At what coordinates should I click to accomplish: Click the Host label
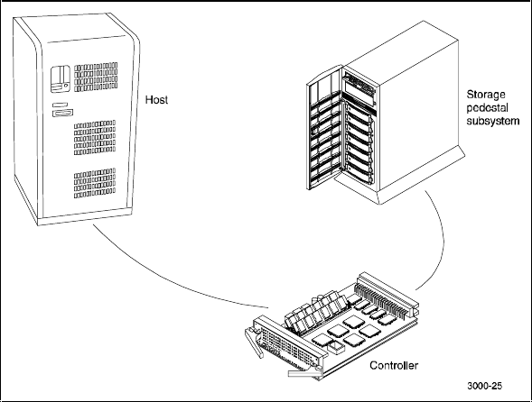click(156, 100)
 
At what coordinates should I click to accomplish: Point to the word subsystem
click(493, 121)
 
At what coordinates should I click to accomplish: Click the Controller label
click(394, 365)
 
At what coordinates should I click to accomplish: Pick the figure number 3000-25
click(484, 386)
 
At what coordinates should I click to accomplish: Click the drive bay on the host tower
click(61, 79)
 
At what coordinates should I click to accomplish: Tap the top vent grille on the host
click(96, 78)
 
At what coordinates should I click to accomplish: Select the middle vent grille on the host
click(95, 138)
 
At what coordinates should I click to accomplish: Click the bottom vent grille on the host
click(95, 183)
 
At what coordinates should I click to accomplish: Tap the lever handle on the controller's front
click(254, 342)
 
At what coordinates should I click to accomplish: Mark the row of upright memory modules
click(315, 311)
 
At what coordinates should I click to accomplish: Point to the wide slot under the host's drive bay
click(63, 113)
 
